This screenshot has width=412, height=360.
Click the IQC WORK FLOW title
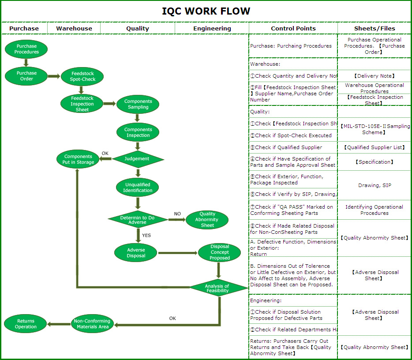click(206, 11)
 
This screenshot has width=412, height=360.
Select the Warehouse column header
click(74, 28)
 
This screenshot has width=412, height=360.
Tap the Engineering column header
click(212, 28)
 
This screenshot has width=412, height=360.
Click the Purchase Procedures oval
click(26, 49)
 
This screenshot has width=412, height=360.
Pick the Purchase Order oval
click(26, 76)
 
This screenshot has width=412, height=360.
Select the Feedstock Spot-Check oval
click(82, 76)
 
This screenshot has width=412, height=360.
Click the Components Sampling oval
click(138, 104)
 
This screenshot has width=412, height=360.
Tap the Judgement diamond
click(138, 159)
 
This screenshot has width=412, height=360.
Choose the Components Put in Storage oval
click(78, 159)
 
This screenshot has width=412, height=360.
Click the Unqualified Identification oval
click(138, 187)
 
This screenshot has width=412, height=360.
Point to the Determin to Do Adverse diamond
click(138, 219)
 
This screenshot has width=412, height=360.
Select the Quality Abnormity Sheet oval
click(207, 219)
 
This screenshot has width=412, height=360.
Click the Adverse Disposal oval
click(136, 253)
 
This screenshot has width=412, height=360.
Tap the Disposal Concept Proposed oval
click(220, 252)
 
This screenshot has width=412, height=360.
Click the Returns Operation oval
click(26, 324)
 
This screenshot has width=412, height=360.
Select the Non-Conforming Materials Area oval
click(92, 324)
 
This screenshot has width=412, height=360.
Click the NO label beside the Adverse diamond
click(177, 214)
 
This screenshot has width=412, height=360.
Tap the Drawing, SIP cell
click(375, 186)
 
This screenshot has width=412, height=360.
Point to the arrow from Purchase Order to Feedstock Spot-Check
click(54, 76)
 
